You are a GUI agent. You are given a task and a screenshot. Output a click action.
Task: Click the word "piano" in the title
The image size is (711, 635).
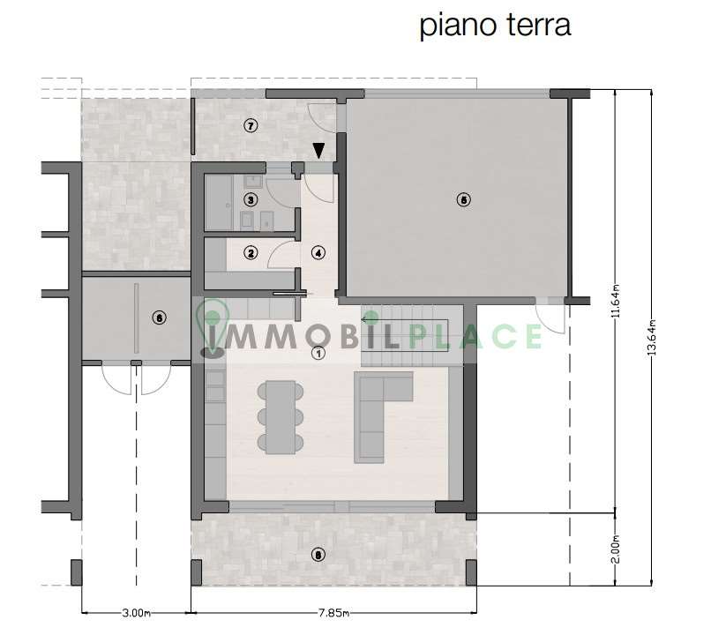pos(458,26)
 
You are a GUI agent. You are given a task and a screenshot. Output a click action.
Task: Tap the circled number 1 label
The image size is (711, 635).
pos(318,353)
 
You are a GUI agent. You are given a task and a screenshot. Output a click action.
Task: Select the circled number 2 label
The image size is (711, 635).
pos(251,252)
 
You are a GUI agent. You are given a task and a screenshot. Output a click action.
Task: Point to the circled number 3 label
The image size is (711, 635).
pos(251,199)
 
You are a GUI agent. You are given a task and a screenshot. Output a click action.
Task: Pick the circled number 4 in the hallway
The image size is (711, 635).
pos(318,253)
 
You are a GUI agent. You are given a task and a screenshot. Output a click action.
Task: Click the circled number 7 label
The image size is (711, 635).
pos(251,125)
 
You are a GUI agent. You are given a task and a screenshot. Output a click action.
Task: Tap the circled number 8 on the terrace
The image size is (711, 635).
pos(318,555)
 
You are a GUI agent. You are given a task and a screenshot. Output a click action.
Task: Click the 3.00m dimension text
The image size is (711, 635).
pos(136,613)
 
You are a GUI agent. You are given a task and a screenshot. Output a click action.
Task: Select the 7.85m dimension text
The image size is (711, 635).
pos(333,613)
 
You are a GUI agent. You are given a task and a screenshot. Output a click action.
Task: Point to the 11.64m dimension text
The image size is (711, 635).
pos(616,301)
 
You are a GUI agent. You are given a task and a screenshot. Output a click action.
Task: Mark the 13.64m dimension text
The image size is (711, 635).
pos(652,337)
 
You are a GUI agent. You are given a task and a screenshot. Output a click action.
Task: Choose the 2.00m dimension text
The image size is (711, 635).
pos(616,549)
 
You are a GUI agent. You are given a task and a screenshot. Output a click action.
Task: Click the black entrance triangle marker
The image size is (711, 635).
pos(319,151)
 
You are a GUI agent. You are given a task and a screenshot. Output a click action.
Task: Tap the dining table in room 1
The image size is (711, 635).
pos(281,417)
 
